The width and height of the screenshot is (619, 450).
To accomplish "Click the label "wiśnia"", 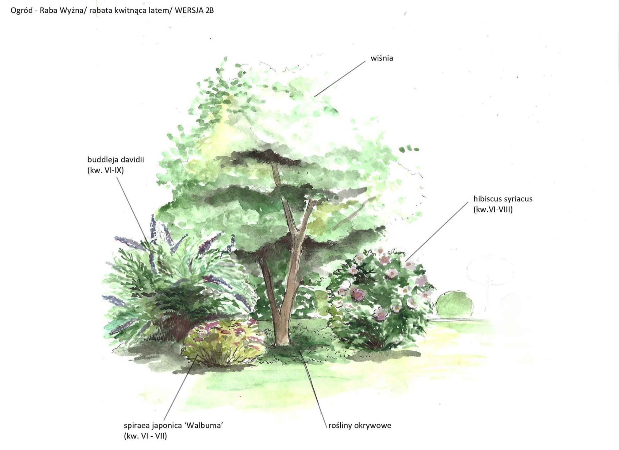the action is [x=382, y=58].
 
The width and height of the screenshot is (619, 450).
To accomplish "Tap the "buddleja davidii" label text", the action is [x=116, y=160].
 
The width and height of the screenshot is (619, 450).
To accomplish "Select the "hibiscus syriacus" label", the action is [x=503, y=199].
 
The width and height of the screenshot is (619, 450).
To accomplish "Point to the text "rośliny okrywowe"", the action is [x=360, y=425].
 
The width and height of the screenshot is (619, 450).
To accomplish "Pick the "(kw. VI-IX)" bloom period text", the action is [x=106, y=170].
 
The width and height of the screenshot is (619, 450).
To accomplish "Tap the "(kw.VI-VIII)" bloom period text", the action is [x=493, y=210].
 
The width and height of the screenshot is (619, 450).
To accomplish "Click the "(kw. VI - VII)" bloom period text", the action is [x=146, y=436].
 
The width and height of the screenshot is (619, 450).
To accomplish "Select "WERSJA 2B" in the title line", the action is [x=194, y=11].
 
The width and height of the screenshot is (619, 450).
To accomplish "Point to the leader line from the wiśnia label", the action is [x=340, y=79].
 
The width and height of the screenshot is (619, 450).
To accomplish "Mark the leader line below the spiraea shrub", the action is [x=181, y=388].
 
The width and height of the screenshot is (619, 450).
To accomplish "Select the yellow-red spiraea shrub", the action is [x=223, y=343].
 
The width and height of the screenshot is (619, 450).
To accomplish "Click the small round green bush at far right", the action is [x=454, y=304].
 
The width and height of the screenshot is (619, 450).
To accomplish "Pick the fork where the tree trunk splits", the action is [x=297, y=231].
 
